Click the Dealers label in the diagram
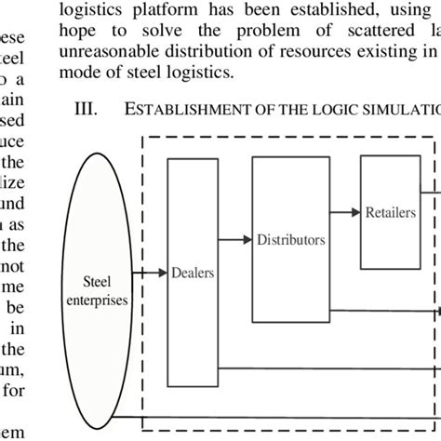tap(193, 273)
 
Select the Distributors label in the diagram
tap(291, 239)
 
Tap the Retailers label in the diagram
tap(390, 212)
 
